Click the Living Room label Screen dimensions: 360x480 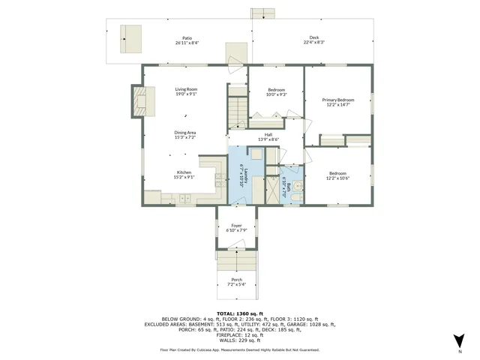point(186,91)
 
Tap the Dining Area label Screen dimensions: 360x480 point(185,135)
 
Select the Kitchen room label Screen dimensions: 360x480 point(184,175)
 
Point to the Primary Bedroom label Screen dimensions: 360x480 point(337,103)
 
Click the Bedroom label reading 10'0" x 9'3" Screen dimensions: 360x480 point(277,92)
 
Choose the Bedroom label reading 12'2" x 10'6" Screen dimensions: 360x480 point(337,175)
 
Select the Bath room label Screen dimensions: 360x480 point(284,186)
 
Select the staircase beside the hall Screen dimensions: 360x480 point(238,110)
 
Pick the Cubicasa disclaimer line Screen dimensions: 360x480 point(239,349)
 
